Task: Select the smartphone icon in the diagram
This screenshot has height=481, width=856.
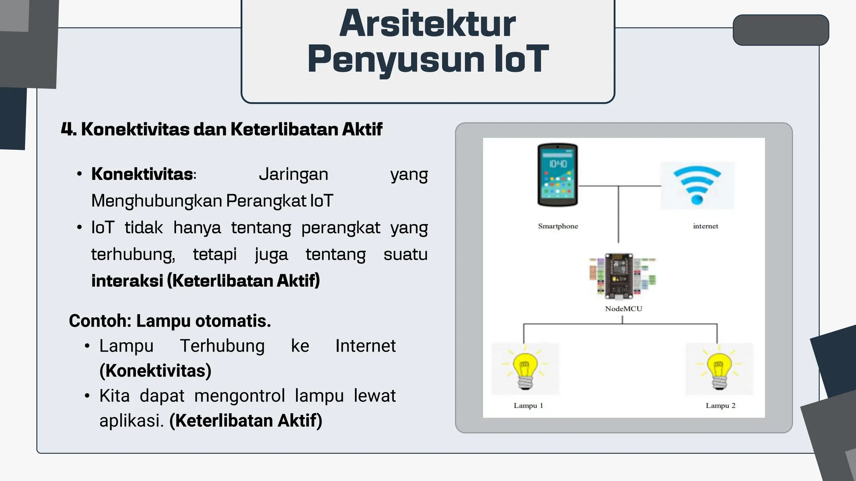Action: pos(558,175)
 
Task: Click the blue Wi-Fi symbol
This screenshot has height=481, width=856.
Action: pos(697,185)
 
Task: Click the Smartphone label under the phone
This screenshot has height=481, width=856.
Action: pos(558,226)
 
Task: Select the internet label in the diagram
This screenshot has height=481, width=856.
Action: pos(706,226)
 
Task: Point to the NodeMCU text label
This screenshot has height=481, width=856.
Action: pos(623,309)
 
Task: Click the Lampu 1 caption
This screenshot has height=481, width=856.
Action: pos(528,405)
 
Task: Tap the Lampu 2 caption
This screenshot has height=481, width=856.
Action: pos(721,405)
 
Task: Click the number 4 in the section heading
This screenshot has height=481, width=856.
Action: pos(68,129)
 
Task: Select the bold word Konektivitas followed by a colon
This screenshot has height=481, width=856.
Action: pos(143,175)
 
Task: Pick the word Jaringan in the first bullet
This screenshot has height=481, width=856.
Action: pos(293,175)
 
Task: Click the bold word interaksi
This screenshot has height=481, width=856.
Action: pos(127,281)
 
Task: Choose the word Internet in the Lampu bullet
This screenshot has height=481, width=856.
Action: pos(365,346)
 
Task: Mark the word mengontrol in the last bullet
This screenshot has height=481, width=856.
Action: pos(239,396)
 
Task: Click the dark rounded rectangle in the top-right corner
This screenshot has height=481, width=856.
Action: pos(781,30)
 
